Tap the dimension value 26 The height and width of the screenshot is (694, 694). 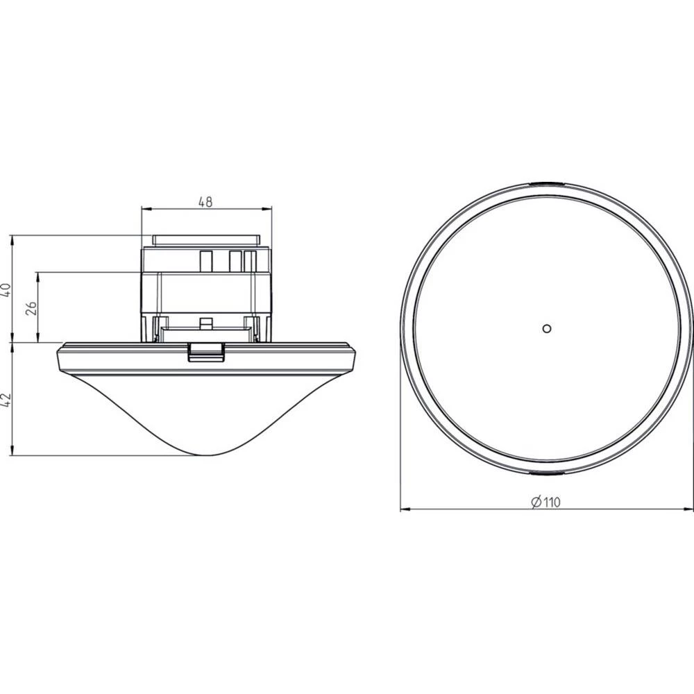(31, 307)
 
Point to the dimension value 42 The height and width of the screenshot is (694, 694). (8, 399)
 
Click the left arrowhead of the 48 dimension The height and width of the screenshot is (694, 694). (144, 209)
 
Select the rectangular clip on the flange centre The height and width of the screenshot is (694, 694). (206, 351)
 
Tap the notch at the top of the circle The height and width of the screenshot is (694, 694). (546, 184)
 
